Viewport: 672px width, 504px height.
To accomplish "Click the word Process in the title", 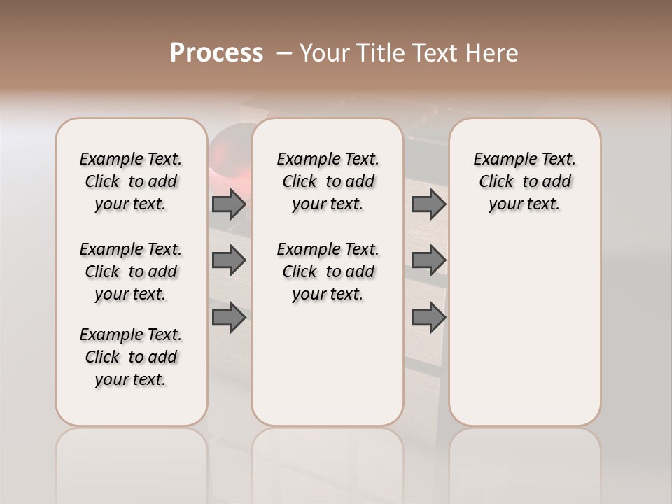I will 216,53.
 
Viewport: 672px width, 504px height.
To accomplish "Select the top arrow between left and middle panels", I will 229,204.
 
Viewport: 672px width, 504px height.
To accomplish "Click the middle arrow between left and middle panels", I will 229,260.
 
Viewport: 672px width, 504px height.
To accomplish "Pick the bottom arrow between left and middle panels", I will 229,317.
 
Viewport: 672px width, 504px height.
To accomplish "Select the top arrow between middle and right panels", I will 428,204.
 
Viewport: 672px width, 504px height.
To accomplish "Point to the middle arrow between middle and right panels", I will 428,260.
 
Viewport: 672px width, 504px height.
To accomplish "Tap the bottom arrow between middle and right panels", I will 428,317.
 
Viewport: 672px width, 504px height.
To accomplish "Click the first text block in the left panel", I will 131,181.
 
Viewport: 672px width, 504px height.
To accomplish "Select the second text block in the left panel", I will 131,272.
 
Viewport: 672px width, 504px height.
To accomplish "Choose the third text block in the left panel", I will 131,357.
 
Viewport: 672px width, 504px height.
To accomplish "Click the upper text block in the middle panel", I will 328,181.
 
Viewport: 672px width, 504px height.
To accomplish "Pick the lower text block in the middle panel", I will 328,272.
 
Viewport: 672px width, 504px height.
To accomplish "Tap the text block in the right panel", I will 524,181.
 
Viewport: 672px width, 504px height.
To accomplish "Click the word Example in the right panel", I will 499,160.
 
